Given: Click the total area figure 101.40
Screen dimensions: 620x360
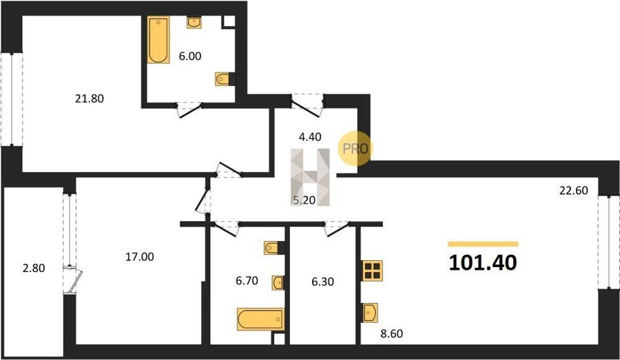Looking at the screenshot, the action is click(x=483, y=262).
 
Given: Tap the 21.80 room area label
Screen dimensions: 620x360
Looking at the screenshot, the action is click(x=90, y=98).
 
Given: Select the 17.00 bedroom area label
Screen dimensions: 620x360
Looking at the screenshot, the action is click(x=140, y=257).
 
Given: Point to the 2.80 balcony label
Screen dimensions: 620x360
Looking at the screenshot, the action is click(x=34, y=268).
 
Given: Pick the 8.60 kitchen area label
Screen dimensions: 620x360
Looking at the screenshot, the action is click(x=391, y=334).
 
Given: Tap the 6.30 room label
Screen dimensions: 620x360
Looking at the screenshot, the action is click(x=322, y=282).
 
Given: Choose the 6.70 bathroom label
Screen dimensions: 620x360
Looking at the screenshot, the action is click(x=247, y=281).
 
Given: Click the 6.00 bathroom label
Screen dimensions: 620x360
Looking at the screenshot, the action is click(x=190, y=56).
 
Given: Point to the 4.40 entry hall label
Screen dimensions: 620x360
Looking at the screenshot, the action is click(x=310, y=137).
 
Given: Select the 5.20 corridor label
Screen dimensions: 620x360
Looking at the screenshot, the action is click(x=304, y=200).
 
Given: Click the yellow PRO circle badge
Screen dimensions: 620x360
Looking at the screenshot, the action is click(x=355, y=149).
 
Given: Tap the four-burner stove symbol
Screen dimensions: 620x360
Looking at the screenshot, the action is click(x=372, y=271).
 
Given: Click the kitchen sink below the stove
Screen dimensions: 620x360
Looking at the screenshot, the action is click(x=370, y=313).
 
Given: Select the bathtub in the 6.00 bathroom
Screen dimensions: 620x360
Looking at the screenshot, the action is click(x=158, y=39).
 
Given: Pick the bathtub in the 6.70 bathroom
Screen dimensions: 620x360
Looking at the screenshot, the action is click(x=260, y=319).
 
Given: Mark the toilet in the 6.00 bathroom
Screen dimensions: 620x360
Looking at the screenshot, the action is click(x=224, y=79).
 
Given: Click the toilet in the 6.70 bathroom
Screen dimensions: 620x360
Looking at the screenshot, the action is click(x=273, y=248).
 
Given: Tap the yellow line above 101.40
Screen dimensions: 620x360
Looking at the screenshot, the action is click(x=483, y=244).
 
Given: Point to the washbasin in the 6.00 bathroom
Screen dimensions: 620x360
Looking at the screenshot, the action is click(x=194, y=23).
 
